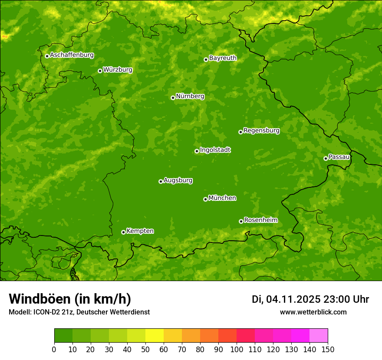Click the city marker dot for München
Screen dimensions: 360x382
[205, 199]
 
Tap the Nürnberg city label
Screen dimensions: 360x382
[190, 96]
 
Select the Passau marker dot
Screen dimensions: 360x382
[326, 158]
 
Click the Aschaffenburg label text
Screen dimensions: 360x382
[72, 55]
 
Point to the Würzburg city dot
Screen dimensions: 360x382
[100, 71]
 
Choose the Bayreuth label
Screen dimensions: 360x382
[223, 58]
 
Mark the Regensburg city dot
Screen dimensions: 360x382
[240, 132]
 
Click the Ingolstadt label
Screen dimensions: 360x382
[215, 150]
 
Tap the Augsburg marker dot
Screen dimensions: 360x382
[161, 181]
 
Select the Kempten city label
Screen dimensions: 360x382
[140, 231]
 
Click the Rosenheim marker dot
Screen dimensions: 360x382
[241, 221]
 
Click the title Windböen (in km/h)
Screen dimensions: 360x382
[70, 299]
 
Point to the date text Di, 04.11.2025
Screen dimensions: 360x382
[286, 299]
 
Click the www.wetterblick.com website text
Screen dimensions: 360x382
[313, 312]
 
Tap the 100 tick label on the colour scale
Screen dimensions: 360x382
[236, 350]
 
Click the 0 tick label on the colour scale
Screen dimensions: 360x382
[54, 350]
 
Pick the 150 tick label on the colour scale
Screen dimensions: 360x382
[327, 350]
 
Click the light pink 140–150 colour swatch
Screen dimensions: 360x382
[319, 336]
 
